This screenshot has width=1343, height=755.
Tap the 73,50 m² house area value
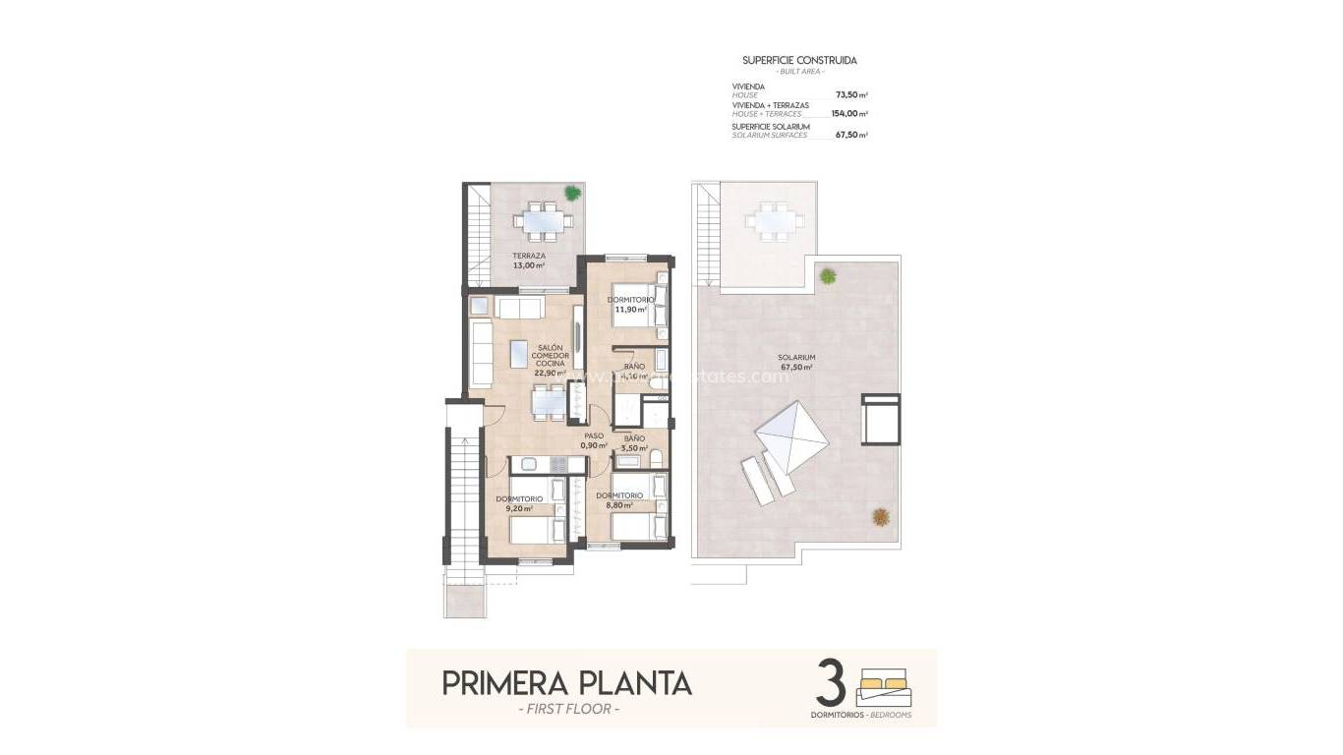[850, 95]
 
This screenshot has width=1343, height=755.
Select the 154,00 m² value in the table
[848, 114]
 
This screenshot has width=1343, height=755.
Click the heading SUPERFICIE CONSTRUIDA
[798, 60]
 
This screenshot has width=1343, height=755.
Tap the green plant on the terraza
[572, 193]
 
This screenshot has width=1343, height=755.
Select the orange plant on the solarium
[880, 514]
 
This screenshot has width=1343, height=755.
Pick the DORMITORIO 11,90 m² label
[630, 304]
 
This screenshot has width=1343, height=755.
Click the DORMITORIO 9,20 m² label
[518, 503]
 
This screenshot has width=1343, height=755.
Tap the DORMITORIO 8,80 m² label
[619, 500]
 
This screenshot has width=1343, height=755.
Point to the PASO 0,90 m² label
[594, 440]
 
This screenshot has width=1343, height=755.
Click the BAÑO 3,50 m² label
[634, 442]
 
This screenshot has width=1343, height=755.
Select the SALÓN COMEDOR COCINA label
[550, 356]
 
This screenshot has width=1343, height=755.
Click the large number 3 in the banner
[832, 683]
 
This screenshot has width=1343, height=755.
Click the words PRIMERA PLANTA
[566, 682]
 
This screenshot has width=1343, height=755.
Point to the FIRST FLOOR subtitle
[567, 710]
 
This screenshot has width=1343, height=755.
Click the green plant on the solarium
[828, 274]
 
